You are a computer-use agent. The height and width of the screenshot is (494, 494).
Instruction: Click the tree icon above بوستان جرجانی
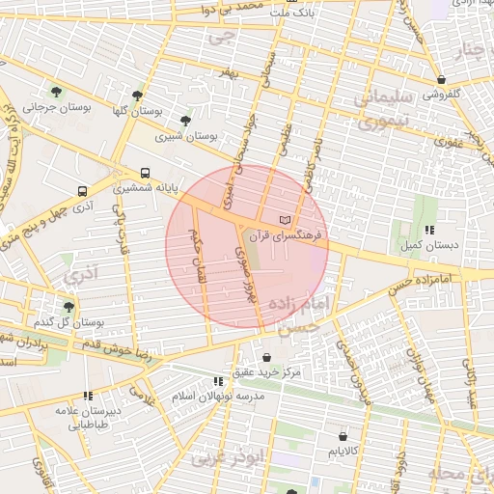(x=58, y=93)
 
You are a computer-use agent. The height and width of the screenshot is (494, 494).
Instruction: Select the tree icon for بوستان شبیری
(x=184, y=121)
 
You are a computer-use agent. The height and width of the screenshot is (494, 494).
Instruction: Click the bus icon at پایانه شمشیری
(x=145, y=174)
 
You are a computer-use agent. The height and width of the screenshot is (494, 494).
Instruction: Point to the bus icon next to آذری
(x=82, y=191)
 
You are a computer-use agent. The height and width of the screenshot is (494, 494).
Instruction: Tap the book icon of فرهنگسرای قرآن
(x=283, y=221)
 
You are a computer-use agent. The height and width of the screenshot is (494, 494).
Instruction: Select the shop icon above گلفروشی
(x=441, y=79)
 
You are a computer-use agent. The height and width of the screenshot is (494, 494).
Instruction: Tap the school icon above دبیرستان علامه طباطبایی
(x=88, y=396)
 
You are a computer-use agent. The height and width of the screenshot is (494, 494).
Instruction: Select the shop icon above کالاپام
(x=344, y=435)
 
